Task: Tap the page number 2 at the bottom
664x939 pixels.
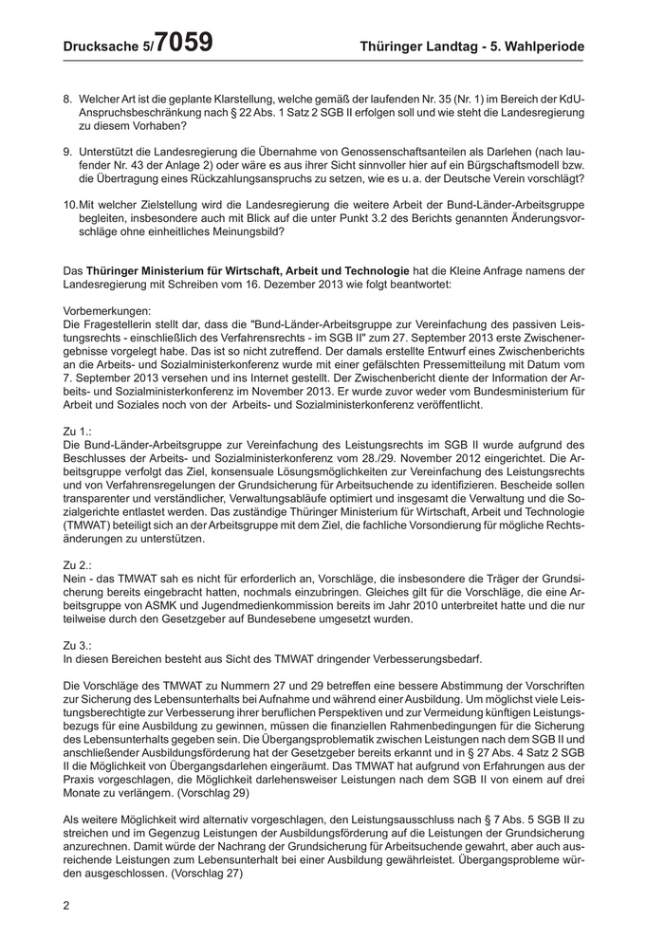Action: tap(66, 905)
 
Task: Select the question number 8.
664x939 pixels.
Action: tap(66, 99)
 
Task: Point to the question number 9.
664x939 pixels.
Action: tap(66, 151)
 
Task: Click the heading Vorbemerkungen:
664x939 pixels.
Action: tap(106, 311)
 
